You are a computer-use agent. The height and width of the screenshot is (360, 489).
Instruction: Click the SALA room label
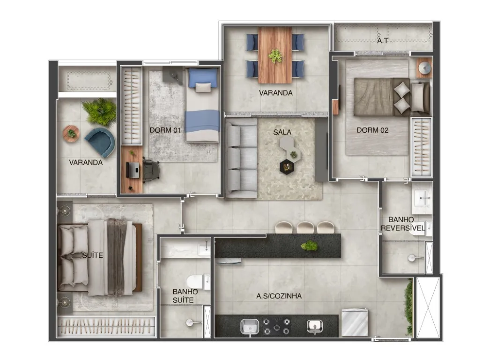click(x=282, y=132)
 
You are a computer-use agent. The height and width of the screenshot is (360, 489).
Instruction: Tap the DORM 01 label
click(x=165, y=130)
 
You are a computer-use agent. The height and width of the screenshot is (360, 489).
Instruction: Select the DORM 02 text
click(x=372, y=130)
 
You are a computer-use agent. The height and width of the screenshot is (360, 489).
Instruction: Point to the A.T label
click(x=382, y=41)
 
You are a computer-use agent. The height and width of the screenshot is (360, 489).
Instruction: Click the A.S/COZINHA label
click(x=279, y=296)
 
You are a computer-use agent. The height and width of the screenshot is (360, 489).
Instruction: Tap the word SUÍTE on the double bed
click(x=92, y=255)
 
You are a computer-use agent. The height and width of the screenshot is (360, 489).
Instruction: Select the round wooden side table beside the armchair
click(x=71, y=134)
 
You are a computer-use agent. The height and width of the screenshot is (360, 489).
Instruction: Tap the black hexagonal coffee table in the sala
click(x=287, y=166)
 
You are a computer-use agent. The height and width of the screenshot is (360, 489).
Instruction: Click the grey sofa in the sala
click(x=242, y=158)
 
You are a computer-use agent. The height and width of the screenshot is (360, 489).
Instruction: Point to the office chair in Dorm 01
click(x=151, y=170)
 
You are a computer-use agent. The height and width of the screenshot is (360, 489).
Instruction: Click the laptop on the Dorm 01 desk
click(x=133, y=170)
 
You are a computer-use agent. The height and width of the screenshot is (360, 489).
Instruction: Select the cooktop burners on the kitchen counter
click(x=276, y=327)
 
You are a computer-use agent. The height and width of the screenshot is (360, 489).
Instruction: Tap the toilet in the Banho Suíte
click(x=198, y=282)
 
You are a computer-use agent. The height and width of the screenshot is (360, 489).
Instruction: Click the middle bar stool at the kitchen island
click(x=305, y=227)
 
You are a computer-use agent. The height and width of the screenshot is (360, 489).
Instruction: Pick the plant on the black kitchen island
click(x=309, y=246)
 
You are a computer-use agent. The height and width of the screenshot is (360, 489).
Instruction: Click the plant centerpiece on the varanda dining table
click(x=275, y=56)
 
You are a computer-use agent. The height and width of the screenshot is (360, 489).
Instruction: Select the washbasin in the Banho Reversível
click(x=422, y=198)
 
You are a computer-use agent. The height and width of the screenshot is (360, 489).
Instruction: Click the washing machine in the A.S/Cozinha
click(x=355, y=322)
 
